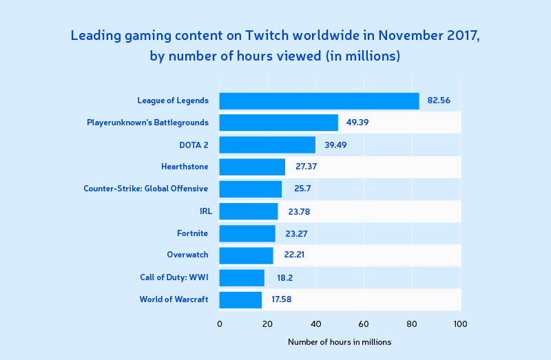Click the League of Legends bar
tap(319, 101)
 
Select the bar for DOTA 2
tap(267, 145)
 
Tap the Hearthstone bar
tap(252, 167)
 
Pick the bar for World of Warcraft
tap(240, 300)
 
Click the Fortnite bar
tap(247, 233)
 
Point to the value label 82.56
tap(439, 100)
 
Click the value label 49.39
tap(357, 123)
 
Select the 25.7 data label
tap(302, 189)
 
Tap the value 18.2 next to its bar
tap(284, 278)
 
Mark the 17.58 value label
tap(282, 299)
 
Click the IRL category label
tap(206, 211)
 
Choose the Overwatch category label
tap(187, 255)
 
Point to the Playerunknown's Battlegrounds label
tap(147, 123)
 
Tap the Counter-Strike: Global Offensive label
tap(146, 189)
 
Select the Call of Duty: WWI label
tap(174, 277)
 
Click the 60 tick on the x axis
tap(364, 324)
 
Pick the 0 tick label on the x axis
tap(220, 324)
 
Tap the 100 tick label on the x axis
tap(460, 324)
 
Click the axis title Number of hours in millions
tap(340, 342)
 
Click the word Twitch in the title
tap(267, 36)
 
